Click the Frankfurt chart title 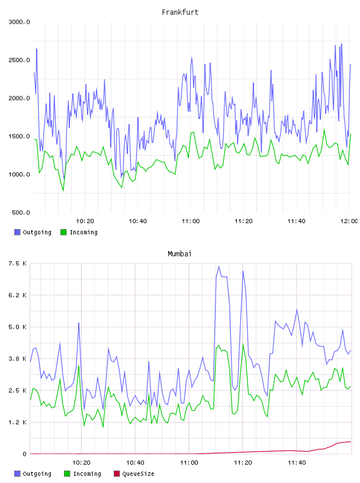pyautogui.click(x=180, y=12)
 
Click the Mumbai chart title pyautogui.click(x=179, y=254)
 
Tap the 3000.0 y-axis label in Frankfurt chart pyautogui.click(x=20, y=22)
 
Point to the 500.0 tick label pyautogui.click(x=21, y=212)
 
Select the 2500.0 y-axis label pyautogui.click(x=20, y=60)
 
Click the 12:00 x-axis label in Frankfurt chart pyautogui.click(x=349, y=221)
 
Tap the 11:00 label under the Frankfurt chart pyautogui.click(x=191, y=221)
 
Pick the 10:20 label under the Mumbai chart pyautogui.click(x=81, y=463)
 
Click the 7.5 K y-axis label pyautogui.click(x=18, y=263)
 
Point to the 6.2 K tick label pyautogui.click(x=18, y=295)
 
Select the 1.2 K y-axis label pyautogui.click(x=18, y=422)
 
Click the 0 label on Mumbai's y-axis pyautogui.click(x=25, y=454)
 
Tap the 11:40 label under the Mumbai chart pyautogui.click(x=297, y=463)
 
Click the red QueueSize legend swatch pyautogui.click(x=117, y=474)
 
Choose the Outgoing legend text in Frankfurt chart pyautogui.click(x=37, y=232)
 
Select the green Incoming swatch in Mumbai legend pyautogui.click(x=67, y=474)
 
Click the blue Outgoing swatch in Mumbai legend pyautogui.click(x=17, y=474)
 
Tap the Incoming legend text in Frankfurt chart pyautogui.click(x=83, y=232)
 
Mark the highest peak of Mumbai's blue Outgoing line pyautogui.click(x=219, y=266)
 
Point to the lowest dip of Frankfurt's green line pyautogui.click(x=63, y=191)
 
